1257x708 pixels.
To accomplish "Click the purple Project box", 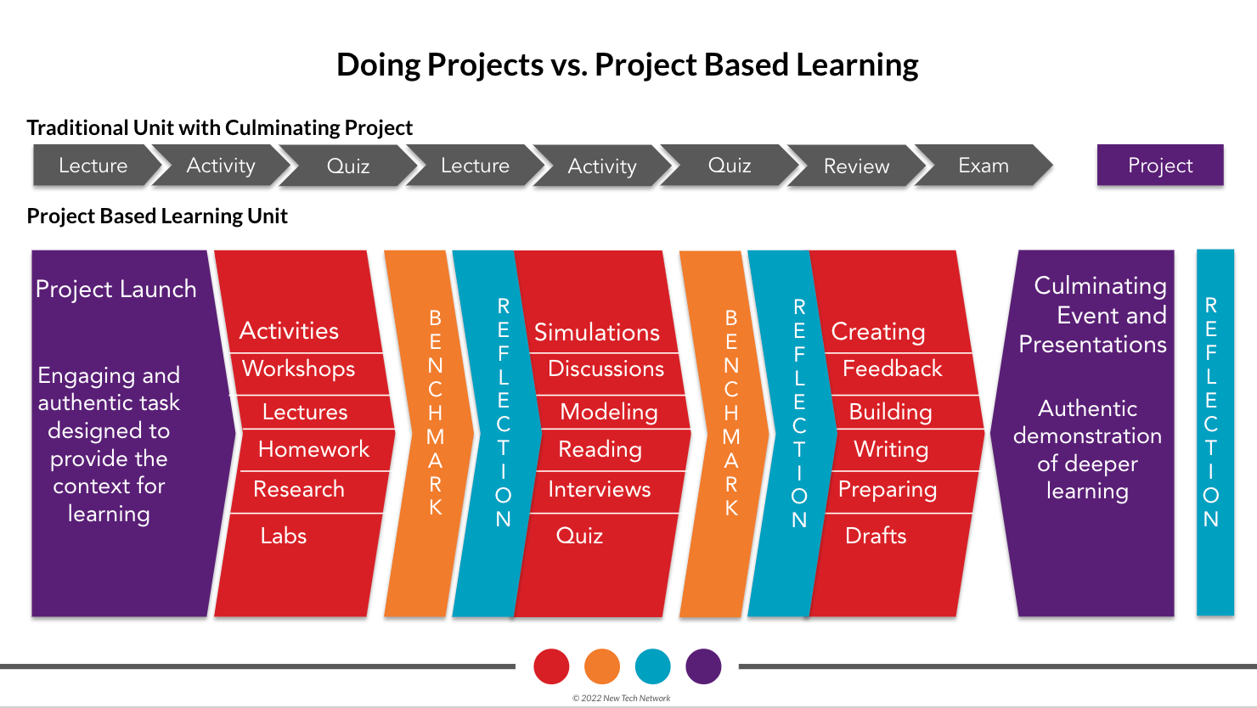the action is click(x=1160, y=165).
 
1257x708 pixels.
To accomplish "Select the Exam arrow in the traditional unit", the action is click(x=984, y=165).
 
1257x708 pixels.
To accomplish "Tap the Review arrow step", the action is click(x=856, y=166).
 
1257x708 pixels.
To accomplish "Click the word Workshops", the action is click(x=299, y=369).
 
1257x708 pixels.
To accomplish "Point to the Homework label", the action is click(x=313, y=449).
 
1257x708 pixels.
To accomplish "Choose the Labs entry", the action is click(x=284, y=536).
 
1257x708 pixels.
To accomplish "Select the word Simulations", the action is click(x=596, y=332).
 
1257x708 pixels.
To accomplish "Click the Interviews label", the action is click(x=600, y=489).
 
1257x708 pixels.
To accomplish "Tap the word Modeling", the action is click(x=609, y=412).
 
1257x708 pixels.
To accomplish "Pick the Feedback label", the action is click(x=893, y=368).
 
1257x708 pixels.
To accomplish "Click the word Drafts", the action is click(x=876, y=536).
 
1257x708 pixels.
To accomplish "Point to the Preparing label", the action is click(x=888, y=490).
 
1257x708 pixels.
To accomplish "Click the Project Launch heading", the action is click(x=116, y=289).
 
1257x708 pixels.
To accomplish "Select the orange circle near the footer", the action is click(x=602, y=666).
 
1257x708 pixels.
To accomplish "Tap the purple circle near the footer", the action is click(x=703, y=666).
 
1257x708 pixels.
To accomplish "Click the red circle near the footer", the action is click(x=551, y=666).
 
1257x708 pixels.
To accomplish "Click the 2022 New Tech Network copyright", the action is click(x=621, y=698).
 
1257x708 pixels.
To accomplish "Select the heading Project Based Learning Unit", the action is click(x=157, y=216).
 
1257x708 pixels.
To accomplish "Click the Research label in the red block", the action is click(x=299, y=489).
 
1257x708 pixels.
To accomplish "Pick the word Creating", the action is click(x=877, y=332).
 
